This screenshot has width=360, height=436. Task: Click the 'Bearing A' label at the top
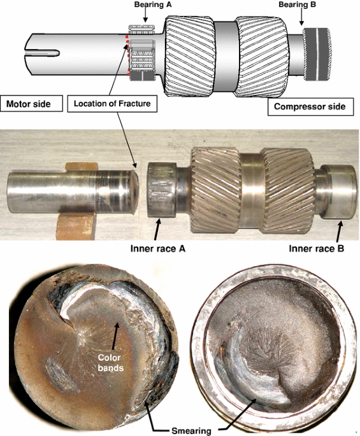pyautogui.click(x=152, y=4)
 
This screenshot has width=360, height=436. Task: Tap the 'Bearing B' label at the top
pyautogui.click(x=298, y=4)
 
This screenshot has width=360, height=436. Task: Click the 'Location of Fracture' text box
pyautogui.click(x=112, y=104)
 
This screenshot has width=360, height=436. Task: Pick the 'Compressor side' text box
pyautogui.click(x=310, y=106)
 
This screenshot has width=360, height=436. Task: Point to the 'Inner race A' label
pyautogui.click(x=158, y=248)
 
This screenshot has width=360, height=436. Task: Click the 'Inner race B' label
pyautogui.click(x=317, y=248)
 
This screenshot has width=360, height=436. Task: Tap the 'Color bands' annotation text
pyautogui.click(x=110, y=363)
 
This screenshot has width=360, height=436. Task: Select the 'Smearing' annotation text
pyautogui.click(x=191, y=431)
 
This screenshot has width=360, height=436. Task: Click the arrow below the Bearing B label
pyautogui.click(x=301, y=17)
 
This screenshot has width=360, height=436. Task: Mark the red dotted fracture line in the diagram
pyautogui.click(x=127, y=55)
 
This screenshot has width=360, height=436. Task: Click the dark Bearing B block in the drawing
pyautogui.click(x=317, y=54)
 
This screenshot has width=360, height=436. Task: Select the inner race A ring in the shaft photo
pyautogui.click(x=161, y=190)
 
